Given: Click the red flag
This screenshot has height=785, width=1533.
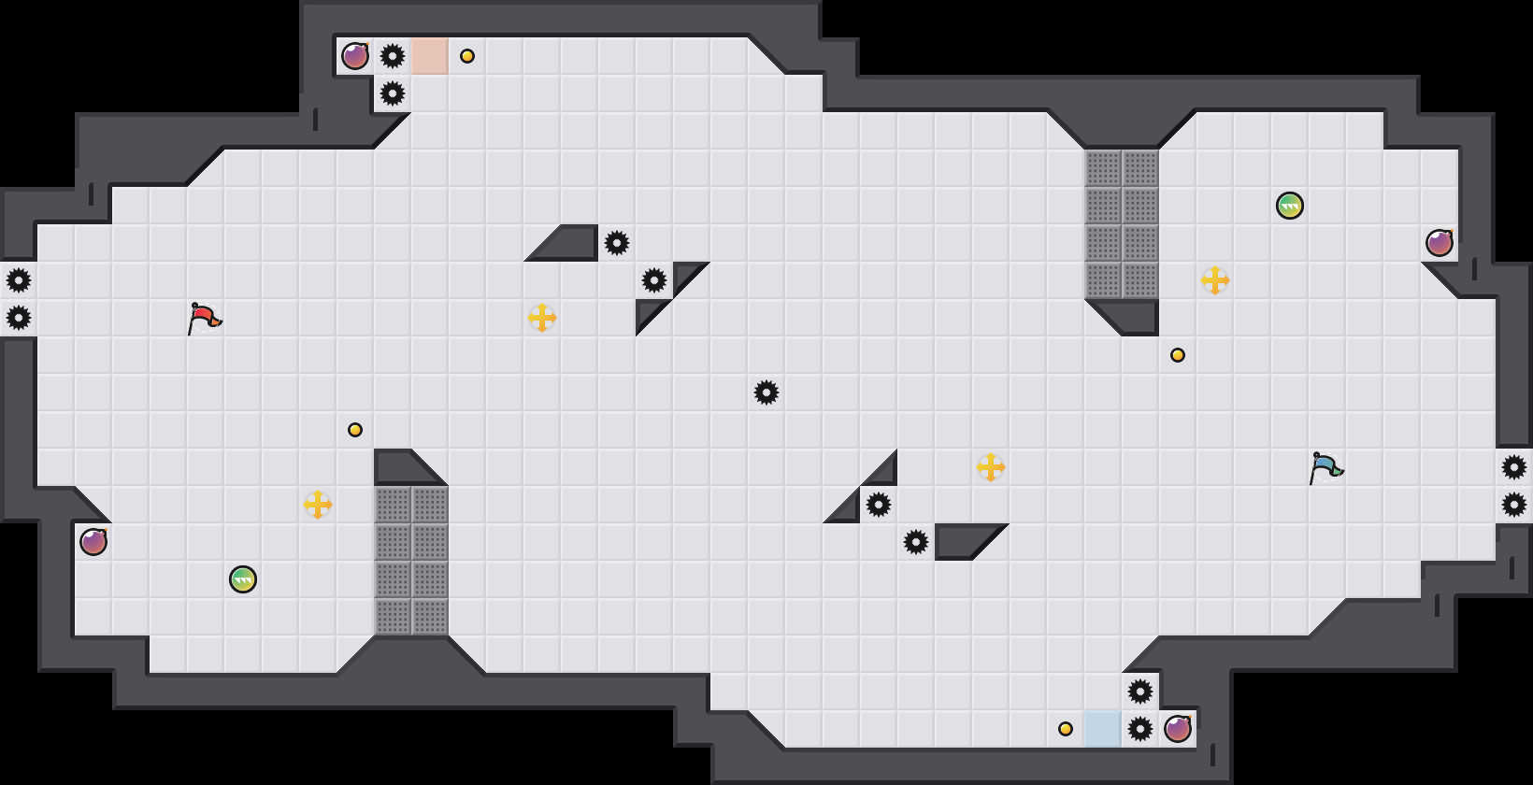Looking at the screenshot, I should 203,318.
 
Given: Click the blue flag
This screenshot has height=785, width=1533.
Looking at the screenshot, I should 1325,466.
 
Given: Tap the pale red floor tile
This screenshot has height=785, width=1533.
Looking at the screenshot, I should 430,56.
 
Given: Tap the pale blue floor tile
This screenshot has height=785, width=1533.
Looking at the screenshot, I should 1103,729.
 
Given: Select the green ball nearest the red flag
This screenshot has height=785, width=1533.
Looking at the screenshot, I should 243,579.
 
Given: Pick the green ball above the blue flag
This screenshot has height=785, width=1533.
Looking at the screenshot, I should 1290,206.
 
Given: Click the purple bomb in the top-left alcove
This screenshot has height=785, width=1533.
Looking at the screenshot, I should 355,56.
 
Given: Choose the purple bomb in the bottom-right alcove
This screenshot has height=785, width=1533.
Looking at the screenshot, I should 1178,729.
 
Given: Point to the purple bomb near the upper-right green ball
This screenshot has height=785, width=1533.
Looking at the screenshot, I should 1440,243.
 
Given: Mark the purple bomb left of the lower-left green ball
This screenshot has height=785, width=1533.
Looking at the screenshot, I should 93,542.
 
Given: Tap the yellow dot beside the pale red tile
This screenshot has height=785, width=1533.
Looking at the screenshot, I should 467,56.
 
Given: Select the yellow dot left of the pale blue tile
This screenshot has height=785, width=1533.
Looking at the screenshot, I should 1066,729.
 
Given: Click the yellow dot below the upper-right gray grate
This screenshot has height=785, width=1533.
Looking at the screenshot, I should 1178,355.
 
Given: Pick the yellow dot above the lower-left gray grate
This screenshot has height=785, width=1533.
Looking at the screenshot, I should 355,430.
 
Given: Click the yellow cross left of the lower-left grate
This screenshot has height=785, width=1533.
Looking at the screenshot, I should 318,505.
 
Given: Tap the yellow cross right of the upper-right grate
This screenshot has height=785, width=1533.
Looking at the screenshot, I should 1215,280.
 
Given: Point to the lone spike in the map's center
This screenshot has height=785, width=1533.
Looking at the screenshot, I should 766,392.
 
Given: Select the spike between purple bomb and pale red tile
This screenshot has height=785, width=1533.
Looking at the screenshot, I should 393,56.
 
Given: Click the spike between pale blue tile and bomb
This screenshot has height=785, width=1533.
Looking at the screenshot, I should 1140,729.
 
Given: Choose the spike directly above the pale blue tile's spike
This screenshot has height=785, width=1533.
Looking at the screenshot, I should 1140,692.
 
